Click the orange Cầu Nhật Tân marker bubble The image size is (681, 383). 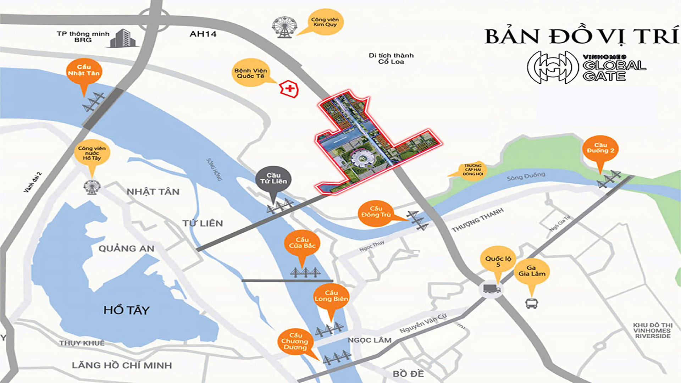pos(84,71)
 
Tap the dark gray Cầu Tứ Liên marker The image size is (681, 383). pos(273,179)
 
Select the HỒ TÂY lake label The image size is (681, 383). pos(126,310)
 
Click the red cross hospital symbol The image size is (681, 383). pos(289,89)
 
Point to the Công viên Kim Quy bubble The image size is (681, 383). pos(325,22)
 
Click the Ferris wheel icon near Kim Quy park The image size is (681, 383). pos(284,27)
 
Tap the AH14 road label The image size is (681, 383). pos(203,34)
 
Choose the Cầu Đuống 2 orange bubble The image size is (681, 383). pos(600,148)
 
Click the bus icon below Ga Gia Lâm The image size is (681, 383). pos(531,304)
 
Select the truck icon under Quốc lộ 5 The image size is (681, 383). pos(492,289)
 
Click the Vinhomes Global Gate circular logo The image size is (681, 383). pos(553,67)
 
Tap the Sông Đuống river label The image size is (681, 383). pos(526,176)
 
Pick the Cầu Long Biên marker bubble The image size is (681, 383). pos(331,296)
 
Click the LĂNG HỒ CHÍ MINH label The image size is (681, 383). pos(122,365)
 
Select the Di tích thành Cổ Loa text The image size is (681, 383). pos(391,59)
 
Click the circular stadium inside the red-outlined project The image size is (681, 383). pos(362,159)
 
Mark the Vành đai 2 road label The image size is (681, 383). pos(33,182)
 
